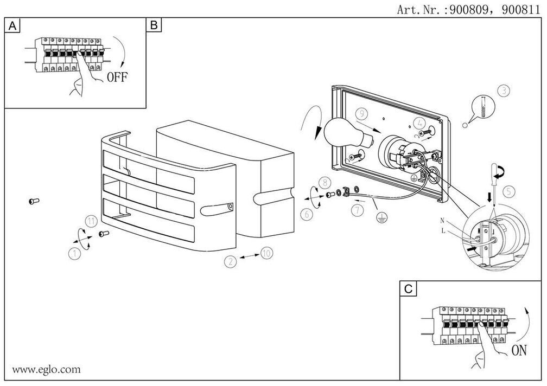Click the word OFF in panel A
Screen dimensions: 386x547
(x=117, y=77)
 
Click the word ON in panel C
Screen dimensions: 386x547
(x=519, y=351)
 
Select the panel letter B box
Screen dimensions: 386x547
(x=154, y=25)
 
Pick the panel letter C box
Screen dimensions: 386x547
(x=408, y=289)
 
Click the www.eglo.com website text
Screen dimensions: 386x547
(x=46, y=370)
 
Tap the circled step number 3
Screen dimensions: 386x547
(x=504, y=91)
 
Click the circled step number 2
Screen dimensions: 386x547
(x=231, y=261)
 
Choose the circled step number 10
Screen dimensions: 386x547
(x=266, y=253)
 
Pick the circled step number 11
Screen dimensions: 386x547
(x=92, y=221)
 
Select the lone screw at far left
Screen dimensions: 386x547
(x=33, y=201)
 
